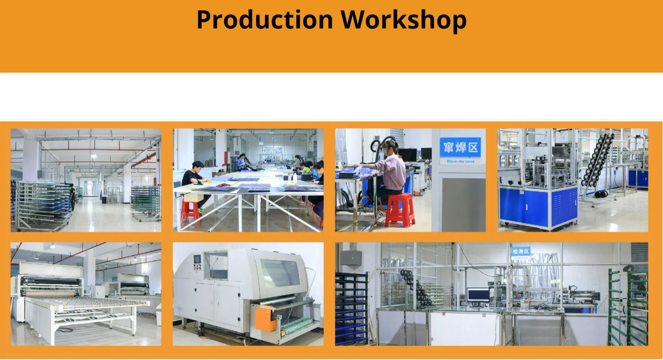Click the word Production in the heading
tap(264, 20)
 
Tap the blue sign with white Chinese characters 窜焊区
tap(460, 148)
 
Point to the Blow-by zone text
tap(460, 161)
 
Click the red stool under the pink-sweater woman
tap(400, 210)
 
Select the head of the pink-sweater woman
tap(390, 148)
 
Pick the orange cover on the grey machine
tap(265, 318)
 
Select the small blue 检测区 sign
tap(521, 251)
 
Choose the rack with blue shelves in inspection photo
tap(351, 309)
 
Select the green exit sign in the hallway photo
tap(72, 171)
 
